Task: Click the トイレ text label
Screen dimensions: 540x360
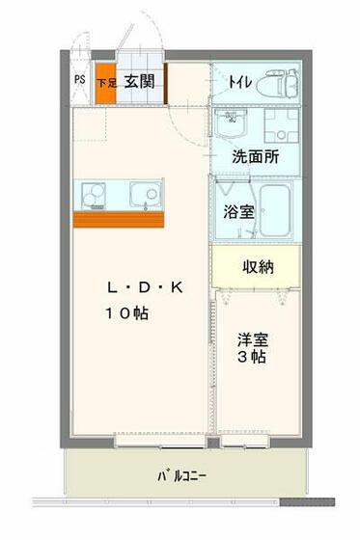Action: (241, 83)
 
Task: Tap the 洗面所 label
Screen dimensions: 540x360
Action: (255, 157)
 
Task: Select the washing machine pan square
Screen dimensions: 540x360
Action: (285, 124)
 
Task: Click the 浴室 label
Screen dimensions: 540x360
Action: (240, 211)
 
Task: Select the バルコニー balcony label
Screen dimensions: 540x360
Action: (180, 476)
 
